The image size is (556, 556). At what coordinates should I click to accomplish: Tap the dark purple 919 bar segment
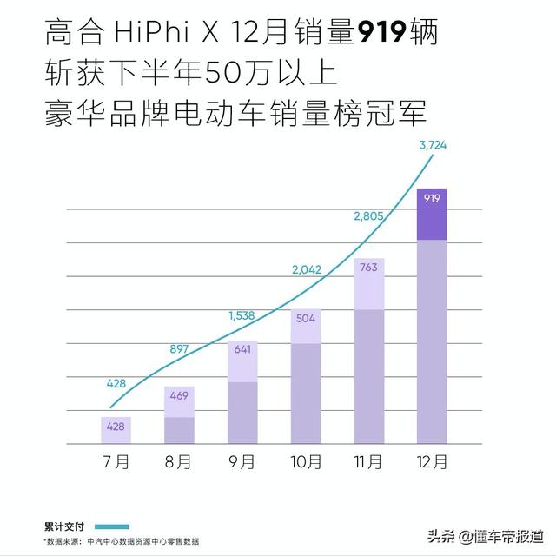432,214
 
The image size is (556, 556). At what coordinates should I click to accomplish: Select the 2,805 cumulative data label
369,215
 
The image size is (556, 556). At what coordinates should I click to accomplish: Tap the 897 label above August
177,350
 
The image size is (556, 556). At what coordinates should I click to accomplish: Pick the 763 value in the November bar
368,268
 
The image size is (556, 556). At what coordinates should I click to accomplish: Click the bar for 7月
116,430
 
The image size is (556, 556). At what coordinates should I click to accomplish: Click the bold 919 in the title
381,35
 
